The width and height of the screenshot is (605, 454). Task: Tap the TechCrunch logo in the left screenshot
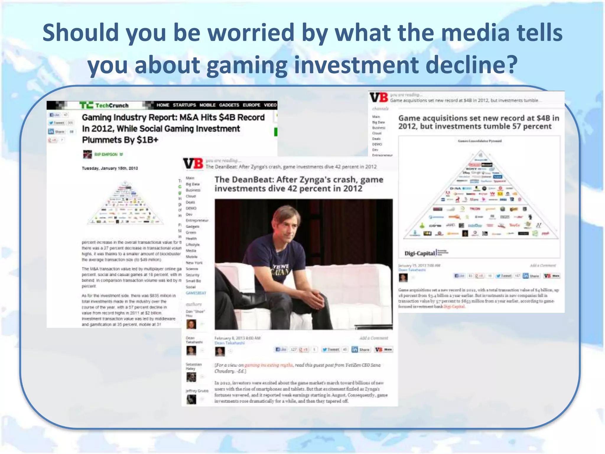[x=104, y=105]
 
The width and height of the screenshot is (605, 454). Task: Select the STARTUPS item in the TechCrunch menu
[x=184, y=105]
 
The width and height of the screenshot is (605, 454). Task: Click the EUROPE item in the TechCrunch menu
[x=251, y=105]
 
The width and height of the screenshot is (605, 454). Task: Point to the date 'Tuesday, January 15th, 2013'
[x=110, y=168]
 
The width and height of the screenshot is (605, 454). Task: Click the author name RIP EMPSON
[x=106, y=154]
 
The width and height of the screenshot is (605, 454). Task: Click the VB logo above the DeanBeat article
[x=193, y=163]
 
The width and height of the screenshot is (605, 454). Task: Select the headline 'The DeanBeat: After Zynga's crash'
[x=299, y=184]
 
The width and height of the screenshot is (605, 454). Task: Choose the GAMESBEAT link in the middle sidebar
[x=196, y=293]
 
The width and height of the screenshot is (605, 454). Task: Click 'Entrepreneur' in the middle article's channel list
[x=197, y=220]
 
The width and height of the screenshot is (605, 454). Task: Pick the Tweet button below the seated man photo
[x=331, y=350]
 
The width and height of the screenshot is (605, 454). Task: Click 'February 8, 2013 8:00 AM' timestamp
[x=237, y=338]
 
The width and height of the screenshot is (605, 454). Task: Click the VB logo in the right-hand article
[x=378, y=98]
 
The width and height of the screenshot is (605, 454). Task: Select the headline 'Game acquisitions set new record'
[x=479, y=122]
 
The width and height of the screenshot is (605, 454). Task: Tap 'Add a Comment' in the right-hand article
[x=543, y=265]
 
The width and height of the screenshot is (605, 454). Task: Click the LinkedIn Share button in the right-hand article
[x=531, y=276]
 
